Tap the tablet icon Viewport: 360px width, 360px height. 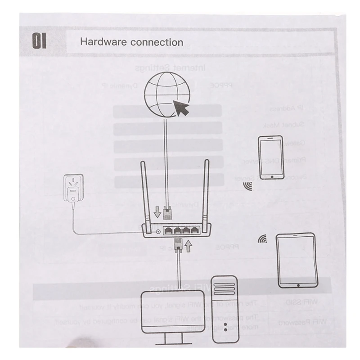[297, 260]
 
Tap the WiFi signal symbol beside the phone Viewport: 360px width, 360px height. [247, 186]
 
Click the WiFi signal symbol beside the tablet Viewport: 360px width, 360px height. [262, 239]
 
